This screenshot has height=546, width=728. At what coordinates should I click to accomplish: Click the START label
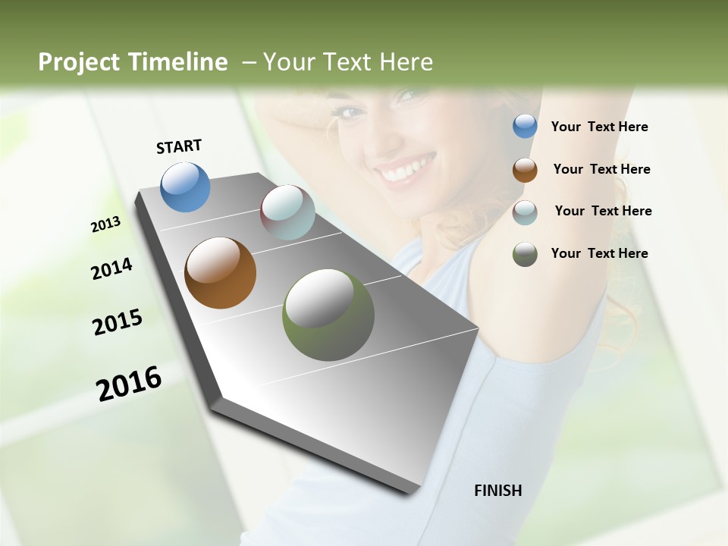(179, 146)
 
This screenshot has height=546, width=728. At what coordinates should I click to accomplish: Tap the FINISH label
(497, 491)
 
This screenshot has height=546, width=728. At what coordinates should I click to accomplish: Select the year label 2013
(105, 224)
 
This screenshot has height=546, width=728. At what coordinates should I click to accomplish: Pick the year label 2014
(111, 269)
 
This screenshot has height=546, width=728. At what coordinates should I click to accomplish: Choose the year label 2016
(129, 384)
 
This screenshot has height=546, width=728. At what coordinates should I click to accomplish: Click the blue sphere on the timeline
(185, 187)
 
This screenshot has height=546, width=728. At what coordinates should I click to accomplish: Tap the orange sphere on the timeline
(220, 273)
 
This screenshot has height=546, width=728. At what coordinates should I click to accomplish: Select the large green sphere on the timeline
(328, 315)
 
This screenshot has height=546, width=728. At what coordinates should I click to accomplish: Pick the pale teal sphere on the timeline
(287, 212)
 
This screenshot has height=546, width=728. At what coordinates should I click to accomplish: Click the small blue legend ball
(525, 126)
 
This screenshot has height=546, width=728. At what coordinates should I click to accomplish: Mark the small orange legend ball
(525, 169)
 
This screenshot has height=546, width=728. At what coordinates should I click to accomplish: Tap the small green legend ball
(525, 254)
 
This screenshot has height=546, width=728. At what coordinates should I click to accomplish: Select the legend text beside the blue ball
(599, 127)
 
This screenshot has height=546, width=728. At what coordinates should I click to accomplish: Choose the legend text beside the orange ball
(601, 169)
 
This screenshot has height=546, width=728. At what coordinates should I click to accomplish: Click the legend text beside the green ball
(599, 253)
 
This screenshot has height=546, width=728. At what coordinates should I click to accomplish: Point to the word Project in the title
(78, 62)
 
